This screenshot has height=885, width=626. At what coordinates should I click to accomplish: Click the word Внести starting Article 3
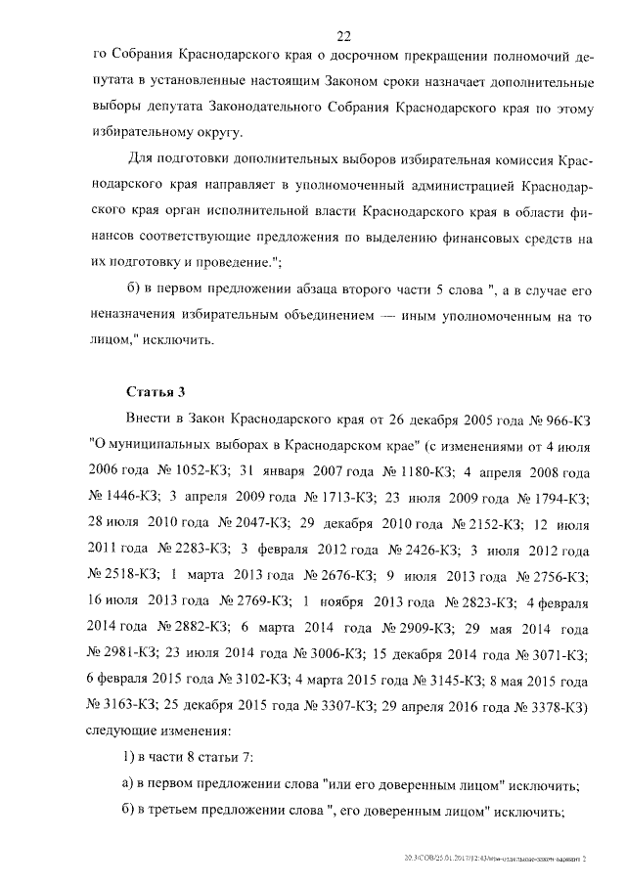pyautogui.click(x=151, y=420)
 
